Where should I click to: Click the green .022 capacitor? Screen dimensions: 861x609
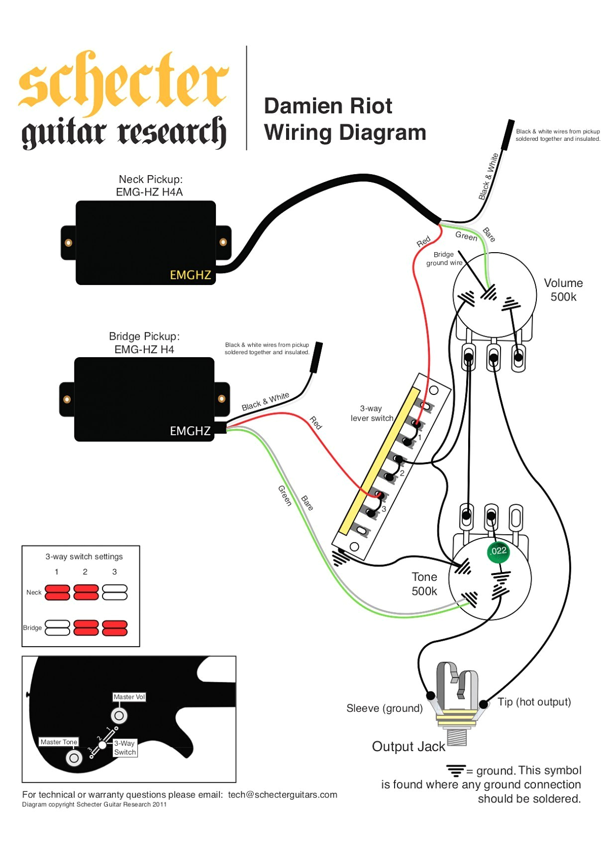[x=498, y=551]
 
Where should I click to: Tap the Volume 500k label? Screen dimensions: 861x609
[x=563, y=290]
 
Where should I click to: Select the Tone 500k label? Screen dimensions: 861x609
[x=424, y=584]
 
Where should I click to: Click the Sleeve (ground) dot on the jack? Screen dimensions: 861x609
[x=430, y=695]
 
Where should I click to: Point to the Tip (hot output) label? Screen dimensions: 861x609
[x=534, y=702]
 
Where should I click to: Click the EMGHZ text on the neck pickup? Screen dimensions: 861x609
[x=190, y=275]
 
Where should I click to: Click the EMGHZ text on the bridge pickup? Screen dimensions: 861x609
[x=190, y=431]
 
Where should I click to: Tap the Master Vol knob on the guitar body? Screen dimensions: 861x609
[x=119, y=716]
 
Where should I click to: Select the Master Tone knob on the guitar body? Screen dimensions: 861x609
[x=74, y=758]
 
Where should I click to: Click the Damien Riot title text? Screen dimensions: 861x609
[x=328, y=106]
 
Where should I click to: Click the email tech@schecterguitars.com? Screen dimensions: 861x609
[x=282, y=795]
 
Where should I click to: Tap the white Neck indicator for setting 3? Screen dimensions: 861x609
[x=114, y=592]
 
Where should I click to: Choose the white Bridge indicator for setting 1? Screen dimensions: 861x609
[x=57, y=628]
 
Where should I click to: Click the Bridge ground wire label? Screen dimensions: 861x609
[x=444, y=259]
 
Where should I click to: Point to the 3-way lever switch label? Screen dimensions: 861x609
[x=371, y=413]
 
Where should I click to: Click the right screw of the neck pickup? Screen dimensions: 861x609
[x=223, y=242]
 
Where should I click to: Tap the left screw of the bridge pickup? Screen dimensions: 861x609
[x=67, y=399]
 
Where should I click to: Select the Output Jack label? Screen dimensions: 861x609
[x=408, y=747]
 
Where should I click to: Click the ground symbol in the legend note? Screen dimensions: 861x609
[x=455, y=770]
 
